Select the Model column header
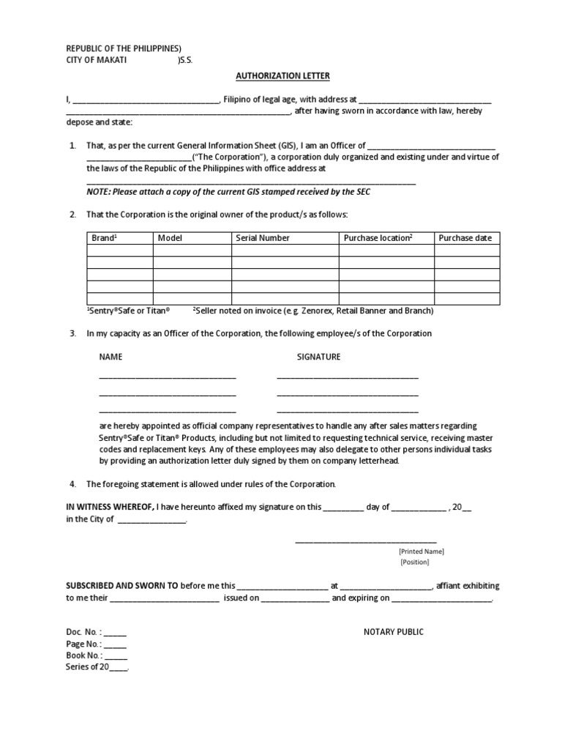(170, 238)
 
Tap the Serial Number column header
(263, 238)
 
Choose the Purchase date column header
(465, 238)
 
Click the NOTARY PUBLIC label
(394, 632)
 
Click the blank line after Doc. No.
(116, 633)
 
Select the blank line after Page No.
(116, 645)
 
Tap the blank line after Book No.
(116, 656)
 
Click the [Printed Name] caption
(421, 552)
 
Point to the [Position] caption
(414, 562)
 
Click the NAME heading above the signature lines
(111, 357)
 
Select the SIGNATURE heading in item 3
(318, 357)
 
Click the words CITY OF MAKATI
(96, 61)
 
